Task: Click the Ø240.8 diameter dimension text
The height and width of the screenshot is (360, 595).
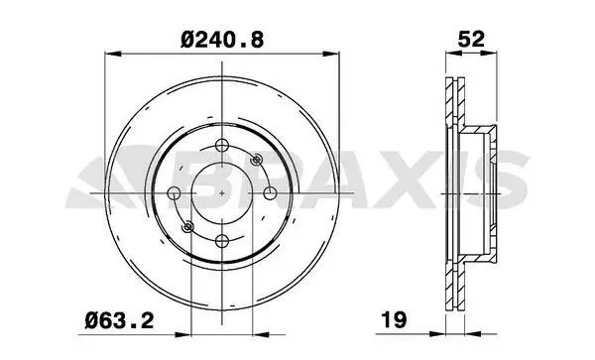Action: click(x=222, y=40)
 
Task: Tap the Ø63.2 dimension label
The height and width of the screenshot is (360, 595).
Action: click(x=120, y=321)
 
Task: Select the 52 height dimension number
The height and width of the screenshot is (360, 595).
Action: click(x=471, y=39)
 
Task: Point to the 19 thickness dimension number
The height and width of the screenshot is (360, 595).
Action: click(x=394, y=319)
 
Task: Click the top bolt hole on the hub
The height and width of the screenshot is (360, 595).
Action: click(x=222, y=145)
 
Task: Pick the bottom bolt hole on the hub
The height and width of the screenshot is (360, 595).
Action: click(x=222, y=241)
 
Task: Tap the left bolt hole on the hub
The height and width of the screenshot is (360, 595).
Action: click(x=174, y=192)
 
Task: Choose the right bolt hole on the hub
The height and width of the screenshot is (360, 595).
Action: click(x=270, y=192)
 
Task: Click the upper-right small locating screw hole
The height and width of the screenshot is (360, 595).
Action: click(x=256, y=160)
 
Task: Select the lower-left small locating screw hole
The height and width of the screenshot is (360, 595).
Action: click(x=187, y=227)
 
